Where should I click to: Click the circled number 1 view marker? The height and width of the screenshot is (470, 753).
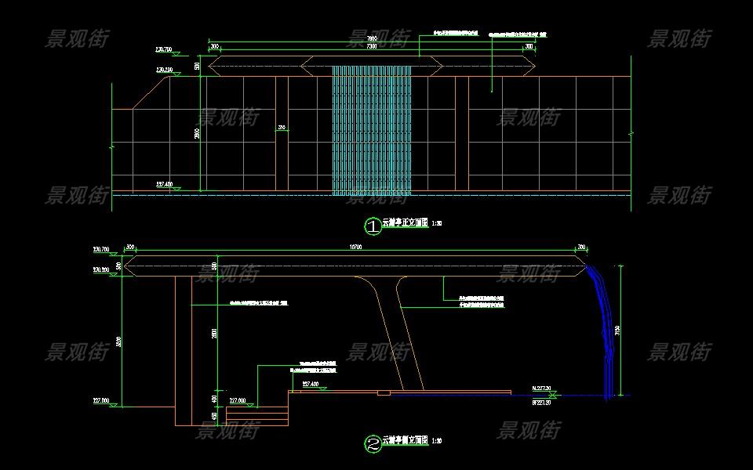tap(373, 226)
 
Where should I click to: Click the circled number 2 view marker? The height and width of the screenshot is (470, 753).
tap(373, 444)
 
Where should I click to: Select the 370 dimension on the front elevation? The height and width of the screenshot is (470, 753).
tap(282, 128)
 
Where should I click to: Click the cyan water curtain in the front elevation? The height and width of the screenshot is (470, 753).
tap(372, 129)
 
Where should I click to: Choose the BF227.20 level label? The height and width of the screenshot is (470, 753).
tap(542, 402)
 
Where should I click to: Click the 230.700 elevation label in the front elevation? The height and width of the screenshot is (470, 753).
tap(164, 50)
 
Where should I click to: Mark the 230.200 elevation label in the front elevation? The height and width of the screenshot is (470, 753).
tap(165, 70)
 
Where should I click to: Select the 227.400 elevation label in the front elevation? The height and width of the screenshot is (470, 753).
tap(165, 185)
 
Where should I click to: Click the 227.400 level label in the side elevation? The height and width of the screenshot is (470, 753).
tap(310, 384)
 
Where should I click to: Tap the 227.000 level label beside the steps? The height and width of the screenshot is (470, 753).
tap(238, 399)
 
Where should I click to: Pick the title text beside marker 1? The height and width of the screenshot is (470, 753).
tap(405, 223)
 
